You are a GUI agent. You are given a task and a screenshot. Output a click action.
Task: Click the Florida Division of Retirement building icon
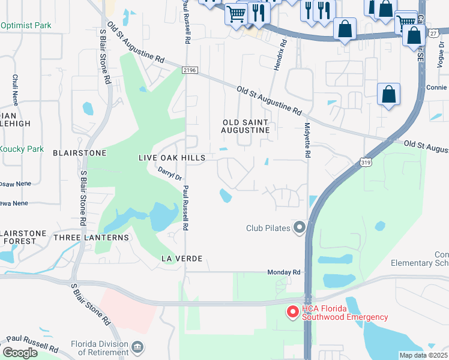click(137, 347)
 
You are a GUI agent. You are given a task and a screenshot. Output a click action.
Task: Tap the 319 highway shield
click(366, 161)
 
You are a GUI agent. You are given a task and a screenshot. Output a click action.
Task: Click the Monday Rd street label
click(284, 272)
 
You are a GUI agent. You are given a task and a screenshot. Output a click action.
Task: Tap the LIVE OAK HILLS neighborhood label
click(172, 158)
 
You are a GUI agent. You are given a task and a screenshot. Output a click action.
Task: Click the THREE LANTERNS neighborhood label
click(91, 238)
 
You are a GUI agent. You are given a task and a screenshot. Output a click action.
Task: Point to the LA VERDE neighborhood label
click(181, 258)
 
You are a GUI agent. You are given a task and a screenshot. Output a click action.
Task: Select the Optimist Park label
click(26, 26)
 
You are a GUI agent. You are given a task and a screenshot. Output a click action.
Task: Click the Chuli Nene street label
click(15, 89)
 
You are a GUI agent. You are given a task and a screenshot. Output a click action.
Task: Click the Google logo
click(20, 352)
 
